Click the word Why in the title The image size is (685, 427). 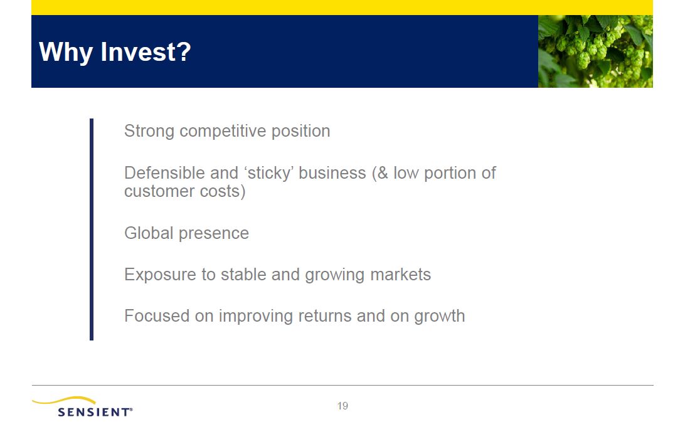(x=66, y=53)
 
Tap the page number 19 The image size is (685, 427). (x=342, y=406)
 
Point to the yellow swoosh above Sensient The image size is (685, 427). (x=64, y=399)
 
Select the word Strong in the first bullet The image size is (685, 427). (x=149, y=132)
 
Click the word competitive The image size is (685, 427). (x=223, y=131)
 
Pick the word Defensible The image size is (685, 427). (x=165, y=173)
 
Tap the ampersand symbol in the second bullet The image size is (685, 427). (x=383, y=173)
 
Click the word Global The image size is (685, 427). (x=149, y=233)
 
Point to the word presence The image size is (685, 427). (x=214, y=234)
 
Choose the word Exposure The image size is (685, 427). (x=160, y=275)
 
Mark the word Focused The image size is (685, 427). (x=157, y=316)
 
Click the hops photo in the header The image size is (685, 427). (x=595, y=51)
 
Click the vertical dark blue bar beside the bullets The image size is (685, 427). (x=92, y=229)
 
